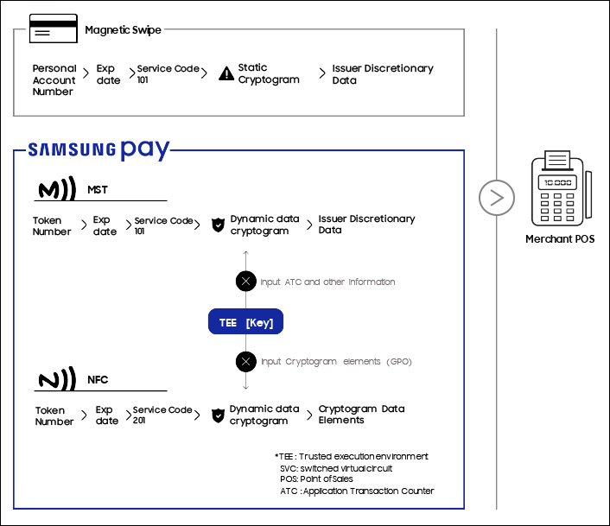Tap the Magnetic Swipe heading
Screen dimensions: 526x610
(123, 30)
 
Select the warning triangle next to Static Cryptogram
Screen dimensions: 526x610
(226, 73)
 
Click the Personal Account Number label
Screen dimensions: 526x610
(54, 79)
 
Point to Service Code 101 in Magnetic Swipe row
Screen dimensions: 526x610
(168, 73)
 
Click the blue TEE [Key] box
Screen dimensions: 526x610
(245, 322)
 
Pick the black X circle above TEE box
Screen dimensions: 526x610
(246, 282)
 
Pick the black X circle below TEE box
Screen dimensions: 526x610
(246, 362)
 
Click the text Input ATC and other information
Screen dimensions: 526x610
(327, 282)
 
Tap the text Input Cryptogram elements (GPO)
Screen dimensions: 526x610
(336, 362)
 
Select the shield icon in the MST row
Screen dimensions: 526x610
(218, 225)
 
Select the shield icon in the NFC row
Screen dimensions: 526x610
(218, 415)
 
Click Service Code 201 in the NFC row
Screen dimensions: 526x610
(162, 415)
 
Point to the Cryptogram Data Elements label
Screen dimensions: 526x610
(361, 415)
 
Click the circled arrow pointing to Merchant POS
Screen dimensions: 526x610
(496, 198)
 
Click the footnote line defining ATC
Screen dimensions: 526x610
(357, 491)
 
